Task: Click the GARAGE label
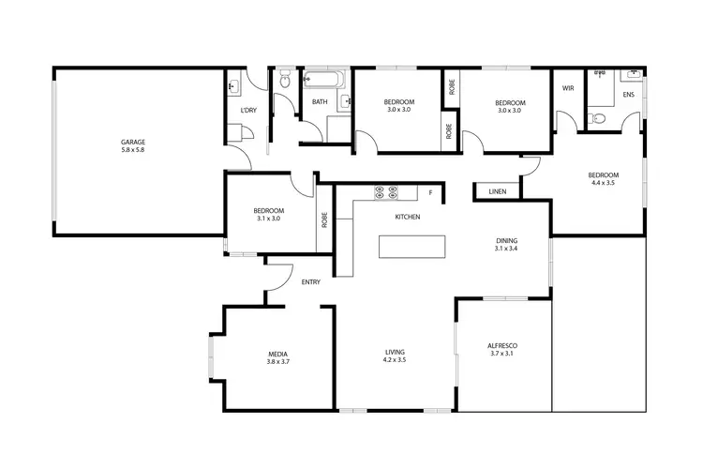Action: click(x=133, y=143)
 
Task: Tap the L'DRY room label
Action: click(x=248, y=111)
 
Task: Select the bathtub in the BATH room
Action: click(x=323, y=79)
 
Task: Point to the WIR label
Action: click(x=567, y=89)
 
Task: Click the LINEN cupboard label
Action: click(x=497, y=191)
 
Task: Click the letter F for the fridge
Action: click(x=430, y=193)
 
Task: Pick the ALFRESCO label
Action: click(x=502, y=346)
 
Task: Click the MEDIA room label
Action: click(x=277, y=353)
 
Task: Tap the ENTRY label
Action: click(x=311, y=282)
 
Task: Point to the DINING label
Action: click(x=506, y=241)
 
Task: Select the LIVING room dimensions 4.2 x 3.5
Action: click(x=395, y=360)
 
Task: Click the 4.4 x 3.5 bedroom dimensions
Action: click(x=603, y=183)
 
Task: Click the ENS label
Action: click(x=627, y=96)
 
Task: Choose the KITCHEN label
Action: click(x=407, y=217)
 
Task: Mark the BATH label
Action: click(x=320, y=102)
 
